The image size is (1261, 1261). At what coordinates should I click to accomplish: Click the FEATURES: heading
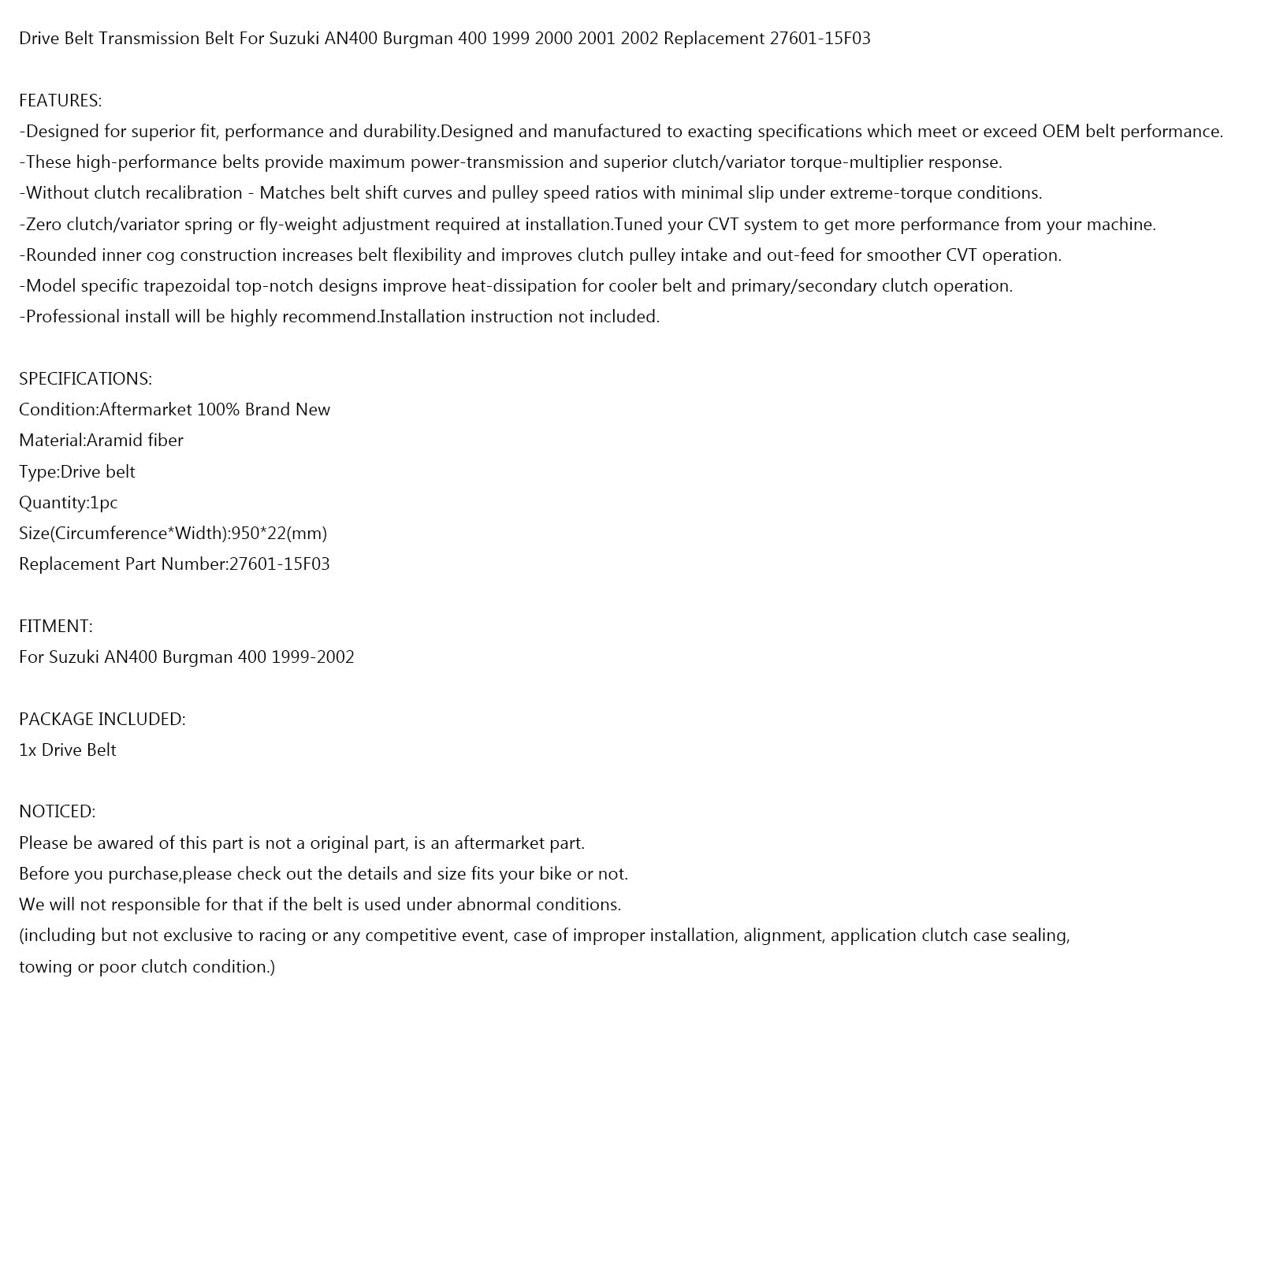click(x=60, y=101)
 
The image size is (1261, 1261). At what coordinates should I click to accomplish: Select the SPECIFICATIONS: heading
click(x=85, y=379)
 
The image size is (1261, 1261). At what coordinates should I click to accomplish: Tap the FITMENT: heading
click(x=55, y=627)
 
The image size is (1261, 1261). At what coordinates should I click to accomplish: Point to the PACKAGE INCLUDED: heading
click(x=102, y=720)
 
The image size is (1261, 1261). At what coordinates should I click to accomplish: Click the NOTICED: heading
click(x=57, y=812)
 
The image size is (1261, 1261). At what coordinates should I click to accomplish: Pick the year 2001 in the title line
click(x=596, y=39)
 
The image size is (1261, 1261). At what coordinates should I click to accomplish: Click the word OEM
click(x=1061, y=132)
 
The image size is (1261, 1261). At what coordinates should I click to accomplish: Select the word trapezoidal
click(x=188, y=286)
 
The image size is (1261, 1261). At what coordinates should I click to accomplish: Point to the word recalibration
click(x=194, y=193)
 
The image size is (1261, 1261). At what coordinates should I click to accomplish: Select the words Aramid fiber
click(x=135, y=441)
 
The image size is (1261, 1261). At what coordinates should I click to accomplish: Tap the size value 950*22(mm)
click(x=279, y=534)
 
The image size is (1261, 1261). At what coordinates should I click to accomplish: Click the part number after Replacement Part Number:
click(x=280, y=564)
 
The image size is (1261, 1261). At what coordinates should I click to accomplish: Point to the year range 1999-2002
click(x=313, y=657)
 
